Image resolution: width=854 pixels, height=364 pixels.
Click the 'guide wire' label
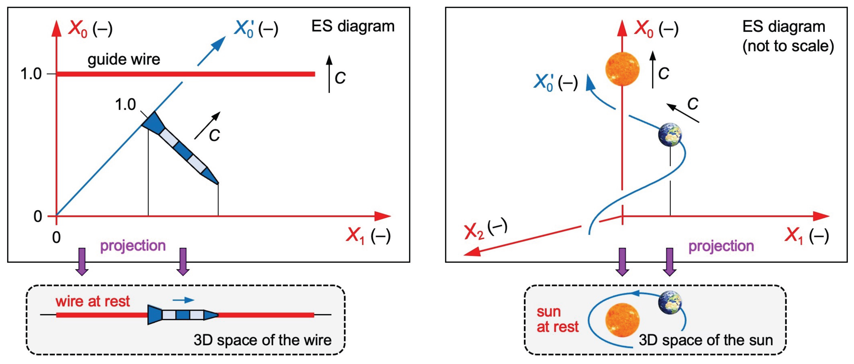(x=124, y=60)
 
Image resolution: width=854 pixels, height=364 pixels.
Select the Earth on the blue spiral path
(x=670, y=135)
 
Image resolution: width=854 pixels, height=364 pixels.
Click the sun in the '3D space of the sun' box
(x=622, y=320)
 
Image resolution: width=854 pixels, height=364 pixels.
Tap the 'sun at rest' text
(x=558, y=319)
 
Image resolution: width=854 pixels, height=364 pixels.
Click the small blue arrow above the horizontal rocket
(x=183, y=300)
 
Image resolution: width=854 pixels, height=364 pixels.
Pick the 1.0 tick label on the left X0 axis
(x=31, y=74)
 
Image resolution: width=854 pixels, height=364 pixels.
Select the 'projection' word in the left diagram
(x=133, y=246)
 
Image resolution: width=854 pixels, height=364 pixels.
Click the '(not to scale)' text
(x=788, y=46)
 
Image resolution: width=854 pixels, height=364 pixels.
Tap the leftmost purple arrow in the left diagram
(x=82, y=262)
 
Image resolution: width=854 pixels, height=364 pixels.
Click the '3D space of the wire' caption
(x=263, y=340)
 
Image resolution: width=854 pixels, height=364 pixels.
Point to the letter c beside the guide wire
(x=340, y=78)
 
